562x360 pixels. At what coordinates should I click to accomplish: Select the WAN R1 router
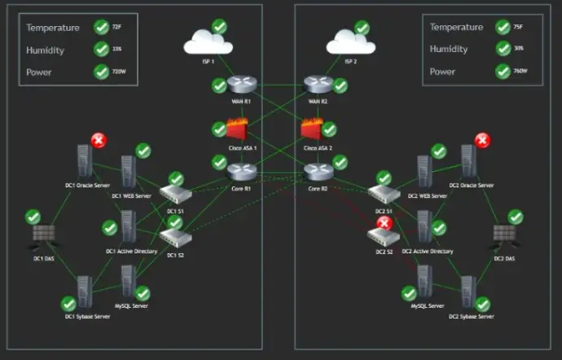coord(242,85)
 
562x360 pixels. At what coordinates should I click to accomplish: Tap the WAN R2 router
coord(317,85)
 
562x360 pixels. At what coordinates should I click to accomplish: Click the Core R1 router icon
coord(242,170)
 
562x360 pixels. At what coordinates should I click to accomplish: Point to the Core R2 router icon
coord(317,171)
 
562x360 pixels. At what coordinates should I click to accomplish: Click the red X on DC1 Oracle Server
coord(99,140)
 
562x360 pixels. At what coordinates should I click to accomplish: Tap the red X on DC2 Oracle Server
coord(482,140)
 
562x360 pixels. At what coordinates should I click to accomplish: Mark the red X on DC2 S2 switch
coord(384,222)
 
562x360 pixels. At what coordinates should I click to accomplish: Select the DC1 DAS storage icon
coord(43,235)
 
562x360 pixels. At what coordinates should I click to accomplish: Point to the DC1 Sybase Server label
coord(83,315)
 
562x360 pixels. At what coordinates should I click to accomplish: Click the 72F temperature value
coord(116,28)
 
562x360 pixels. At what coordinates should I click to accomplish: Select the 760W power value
coord(521,72)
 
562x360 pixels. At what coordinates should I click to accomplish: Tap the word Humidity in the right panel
coord(450,49)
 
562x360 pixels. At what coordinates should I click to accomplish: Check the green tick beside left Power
coord(101,72)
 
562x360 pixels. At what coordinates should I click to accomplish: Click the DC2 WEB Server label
coord(428,195)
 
